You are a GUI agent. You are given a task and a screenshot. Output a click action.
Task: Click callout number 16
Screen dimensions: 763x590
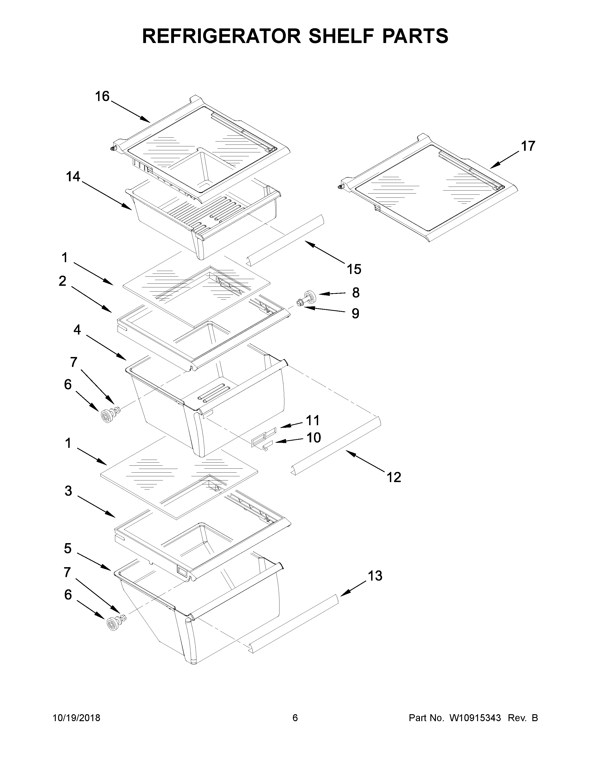[102, 96]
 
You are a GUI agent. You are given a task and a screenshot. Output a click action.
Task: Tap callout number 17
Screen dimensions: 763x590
[528, 146]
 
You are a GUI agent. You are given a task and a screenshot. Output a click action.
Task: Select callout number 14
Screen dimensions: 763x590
[73, 177]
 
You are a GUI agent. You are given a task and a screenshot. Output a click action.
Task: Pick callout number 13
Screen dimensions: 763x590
[375, 576]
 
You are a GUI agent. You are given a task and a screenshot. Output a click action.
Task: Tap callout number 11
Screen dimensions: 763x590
[313, 420]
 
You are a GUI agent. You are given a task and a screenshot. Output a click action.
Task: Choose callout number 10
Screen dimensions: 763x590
[314, 437]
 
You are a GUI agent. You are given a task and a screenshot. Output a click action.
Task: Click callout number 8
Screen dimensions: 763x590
[355, 293]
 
